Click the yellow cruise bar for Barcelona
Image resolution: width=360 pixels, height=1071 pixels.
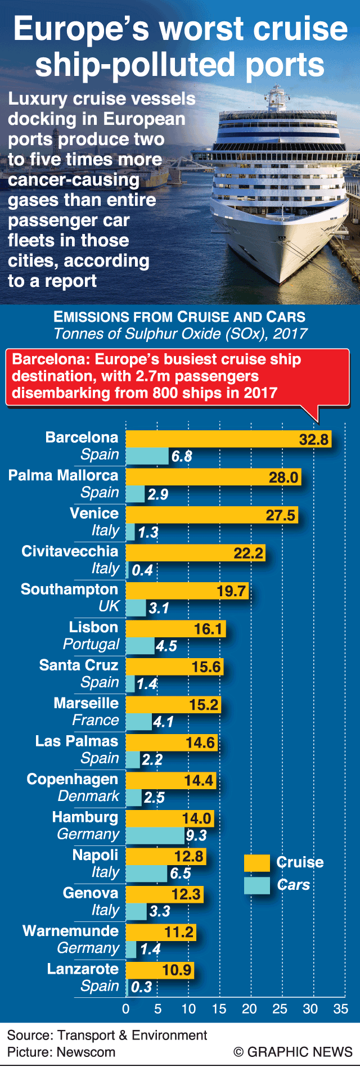click(225, 439)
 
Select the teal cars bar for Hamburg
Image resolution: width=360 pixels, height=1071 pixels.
click(154, 835)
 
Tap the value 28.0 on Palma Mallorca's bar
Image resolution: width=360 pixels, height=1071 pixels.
click(283, 478)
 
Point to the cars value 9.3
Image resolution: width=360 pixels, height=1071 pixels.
click(196, 835)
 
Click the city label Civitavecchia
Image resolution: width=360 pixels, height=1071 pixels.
click(70, 551)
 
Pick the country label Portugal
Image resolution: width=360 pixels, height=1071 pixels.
click(91, 644)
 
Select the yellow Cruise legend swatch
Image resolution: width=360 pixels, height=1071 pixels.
click(256, 862)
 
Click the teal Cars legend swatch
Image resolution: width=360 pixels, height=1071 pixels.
click(256, 885)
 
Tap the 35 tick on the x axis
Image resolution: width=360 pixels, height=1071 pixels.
click(340, 1009)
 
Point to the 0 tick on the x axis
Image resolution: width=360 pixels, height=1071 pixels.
click(126, 1009)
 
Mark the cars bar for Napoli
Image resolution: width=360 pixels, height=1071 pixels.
click(146, 873)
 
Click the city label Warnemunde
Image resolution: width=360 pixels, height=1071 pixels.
click(70, 931)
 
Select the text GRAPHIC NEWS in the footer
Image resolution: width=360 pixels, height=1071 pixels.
click(299, 1052)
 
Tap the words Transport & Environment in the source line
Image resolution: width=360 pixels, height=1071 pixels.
click(132, 1035)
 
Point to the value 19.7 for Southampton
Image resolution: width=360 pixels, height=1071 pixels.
click(231, 591)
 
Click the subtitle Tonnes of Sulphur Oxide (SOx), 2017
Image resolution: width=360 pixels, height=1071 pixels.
click(180, 334)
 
